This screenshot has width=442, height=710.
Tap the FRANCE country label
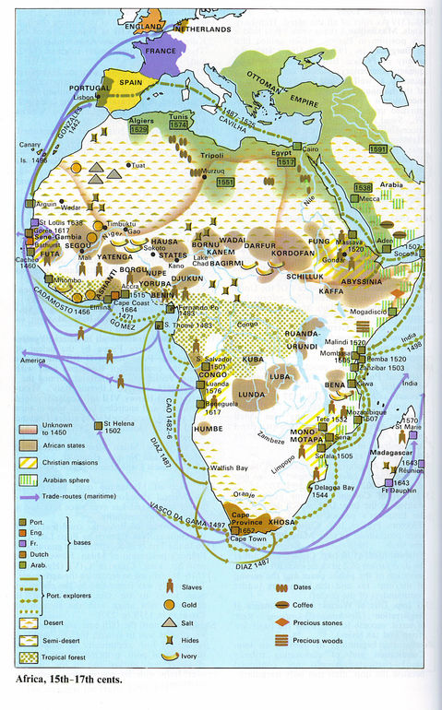tap(158, 53)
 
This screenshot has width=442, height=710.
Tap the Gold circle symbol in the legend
tap(169, 603)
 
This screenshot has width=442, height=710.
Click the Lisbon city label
tap(81, 96)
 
